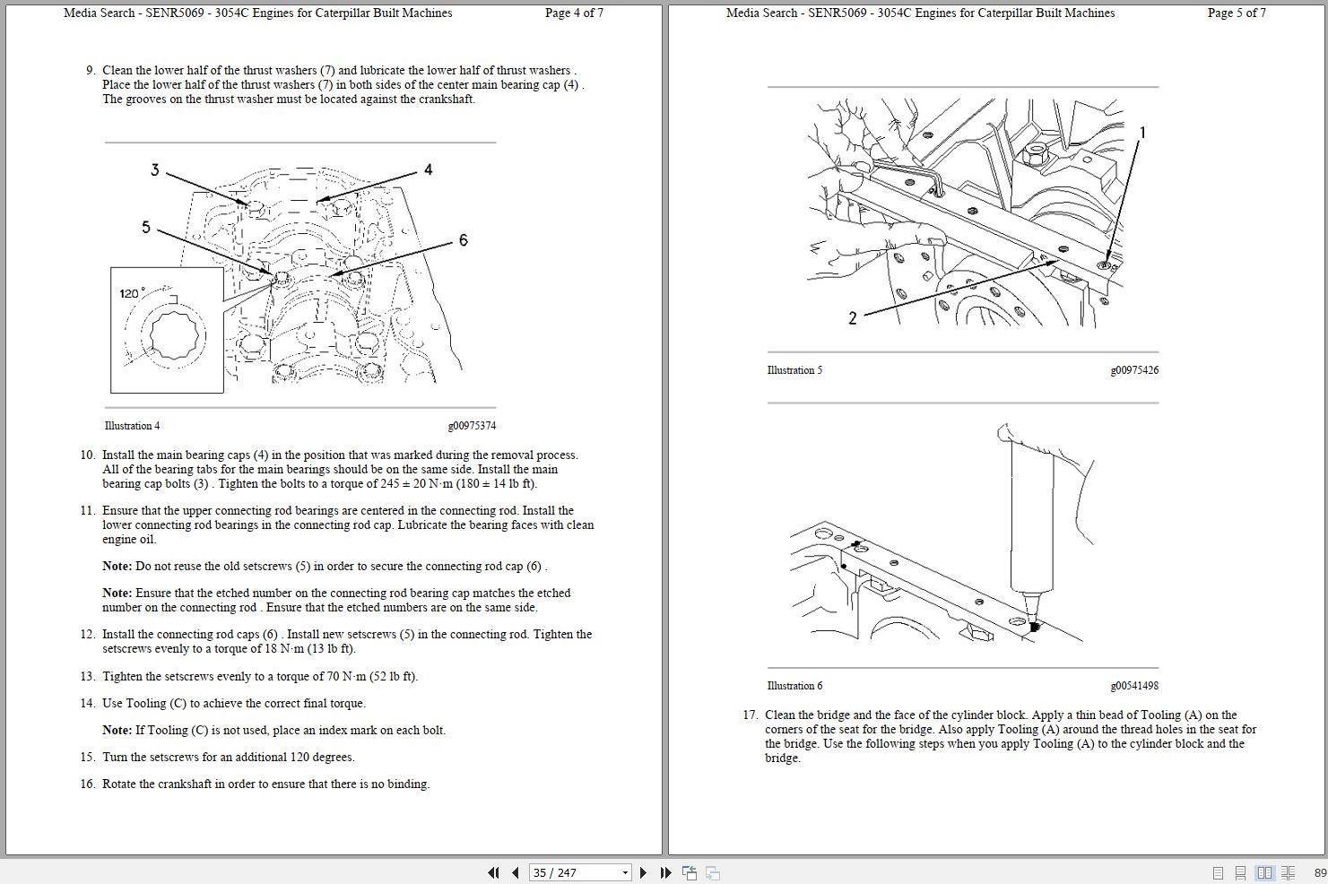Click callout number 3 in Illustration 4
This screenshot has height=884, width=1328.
154,170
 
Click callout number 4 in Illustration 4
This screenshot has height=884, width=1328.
428,169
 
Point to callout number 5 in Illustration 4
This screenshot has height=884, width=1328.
146,228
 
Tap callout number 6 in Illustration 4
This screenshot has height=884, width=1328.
463,240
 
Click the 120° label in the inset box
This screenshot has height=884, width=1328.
131,293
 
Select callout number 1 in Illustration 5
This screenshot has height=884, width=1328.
1141,133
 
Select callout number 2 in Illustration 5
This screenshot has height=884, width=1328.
852,317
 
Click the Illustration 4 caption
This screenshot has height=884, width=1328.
132,426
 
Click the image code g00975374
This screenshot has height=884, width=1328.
472,426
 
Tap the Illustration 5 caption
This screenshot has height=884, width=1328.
794,370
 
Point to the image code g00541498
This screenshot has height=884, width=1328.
1134,686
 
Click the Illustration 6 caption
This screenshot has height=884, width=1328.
794,686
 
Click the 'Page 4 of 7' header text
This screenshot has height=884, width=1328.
574,13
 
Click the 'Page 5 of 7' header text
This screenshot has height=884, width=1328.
1237,13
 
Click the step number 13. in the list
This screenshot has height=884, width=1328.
87,677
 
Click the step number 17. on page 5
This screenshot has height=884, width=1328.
750,715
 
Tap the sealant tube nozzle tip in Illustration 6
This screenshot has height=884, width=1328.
1032,624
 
